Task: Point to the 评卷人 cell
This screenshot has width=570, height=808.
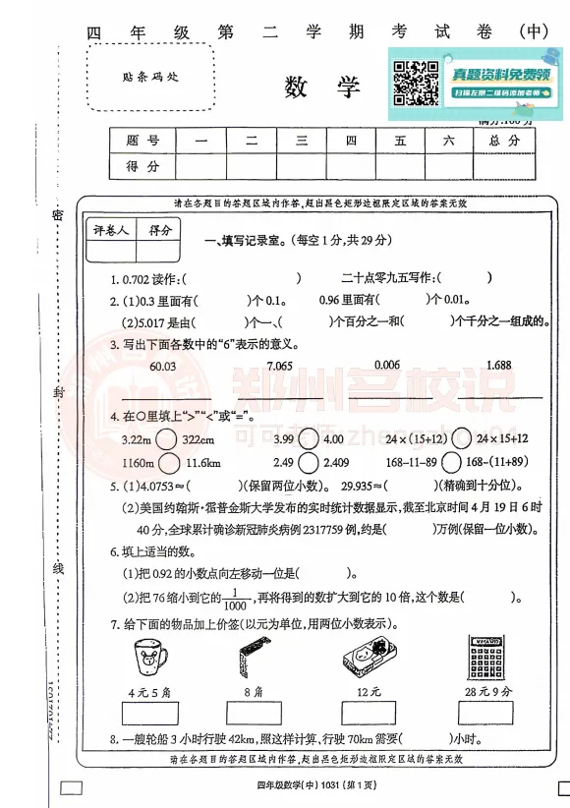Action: pyautogui.click(x=111, y=230)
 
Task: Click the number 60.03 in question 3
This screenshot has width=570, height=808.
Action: pyautogui.click(x=161, y=366)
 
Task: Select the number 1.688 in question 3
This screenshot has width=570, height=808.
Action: pyautogui.click(x=498, y=366)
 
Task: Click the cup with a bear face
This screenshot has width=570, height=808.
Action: pyautogui.click(x=149, y=657)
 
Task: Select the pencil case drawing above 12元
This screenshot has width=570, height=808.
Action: pyautogui.click(x=369, y=657)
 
